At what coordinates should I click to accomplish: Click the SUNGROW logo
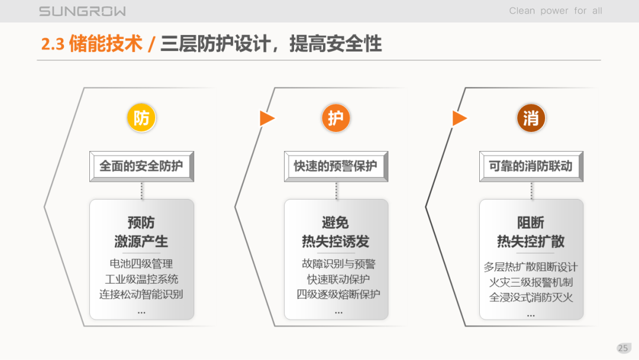[x=82, y=11]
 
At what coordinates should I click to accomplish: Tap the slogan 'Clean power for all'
[x=556, y=11]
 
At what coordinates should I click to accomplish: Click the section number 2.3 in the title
[x=53, y=44]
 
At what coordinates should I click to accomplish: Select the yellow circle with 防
[x=141, y=118]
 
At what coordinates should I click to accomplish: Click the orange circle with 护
[x=336, y=118]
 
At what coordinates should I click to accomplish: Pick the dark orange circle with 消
[x=531, y=118]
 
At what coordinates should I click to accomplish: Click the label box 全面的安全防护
[x=141, y=166]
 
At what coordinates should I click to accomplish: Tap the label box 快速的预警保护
[x=336, y=166]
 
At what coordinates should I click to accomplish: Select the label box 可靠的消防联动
[x=531, y=166]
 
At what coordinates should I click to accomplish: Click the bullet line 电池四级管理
[x=141, y=264]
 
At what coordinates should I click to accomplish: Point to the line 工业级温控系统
[x=141, y=279]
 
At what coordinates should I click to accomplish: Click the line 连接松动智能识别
[x=141, y=294]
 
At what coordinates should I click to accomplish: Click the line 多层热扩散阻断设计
[x=531, y=268]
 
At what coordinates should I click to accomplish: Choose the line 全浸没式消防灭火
[x=531, y=297]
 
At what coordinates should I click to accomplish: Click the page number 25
[x=622, y=348]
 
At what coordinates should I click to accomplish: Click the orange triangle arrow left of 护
[x=267, y=118]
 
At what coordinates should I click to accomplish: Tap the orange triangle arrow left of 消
[x=459, y=118]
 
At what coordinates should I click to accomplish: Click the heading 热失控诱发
[x=335, y=242]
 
